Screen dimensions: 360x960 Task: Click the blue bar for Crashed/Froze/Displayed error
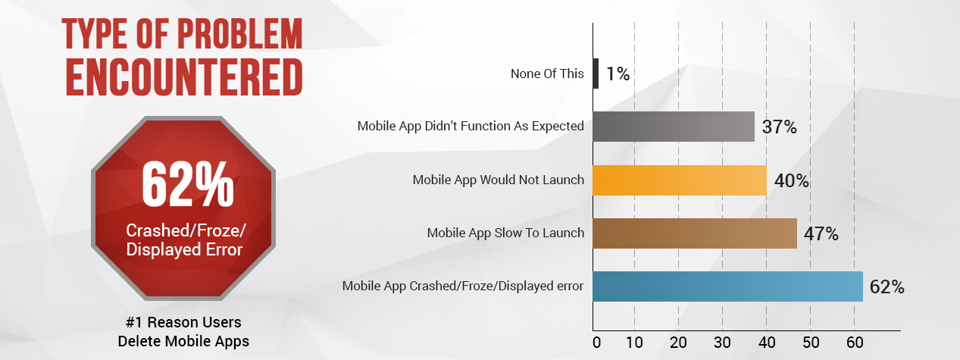[x=727, y=286]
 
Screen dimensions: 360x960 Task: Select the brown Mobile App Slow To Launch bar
[x=694, y=233]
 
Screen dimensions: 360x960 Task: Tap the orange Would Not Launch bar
[x=679, y=180]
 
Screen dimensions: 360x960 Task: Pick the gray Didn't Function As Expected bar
[x=673, y=127]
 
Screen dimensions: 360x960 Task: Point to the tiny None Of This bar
[x=596, y=74]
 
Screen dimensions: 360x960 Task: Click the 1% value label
[x=618, y=74]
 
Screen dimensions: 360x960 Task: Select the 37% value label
[x=779, y=127]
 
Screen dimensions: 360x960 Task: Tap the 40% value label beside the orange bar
[x=792, y=181]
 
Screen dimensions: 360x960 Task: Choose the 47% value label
[x=821, y=234]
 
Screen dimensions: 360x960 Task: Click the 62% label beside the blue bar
[x=887, y=287]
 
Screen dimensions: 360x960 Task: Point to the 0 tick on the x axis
[x=596, y=343]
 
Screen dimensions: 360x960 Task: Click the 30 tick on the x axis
[x=723, y=343]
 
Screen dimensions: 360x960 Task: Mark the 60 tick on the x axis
[x=854, y=343]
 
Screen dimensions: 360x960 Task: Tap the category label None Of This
[x=548, y=74]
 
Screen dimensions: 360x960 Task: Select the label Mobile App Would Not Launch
[x=498, y=180]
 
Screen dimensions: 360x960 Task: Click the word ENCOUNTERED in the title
[x=183, y=77]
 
